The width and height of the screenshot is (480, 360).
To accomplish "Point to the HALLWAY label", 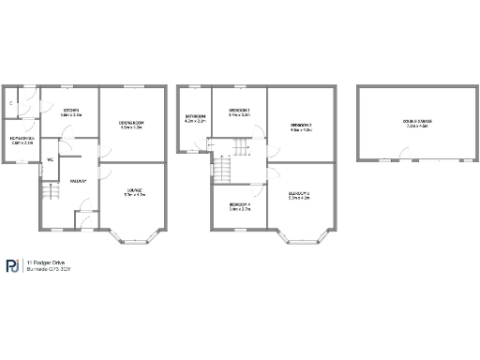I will (78, 181).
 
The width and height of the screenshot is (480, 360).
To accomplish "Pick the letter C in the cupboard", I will (11, 101).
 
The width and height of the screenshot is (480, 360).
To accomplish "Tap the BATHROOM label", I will (195, 119).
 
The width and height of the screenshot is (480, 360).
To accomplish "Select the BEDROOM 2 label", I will (300, 127).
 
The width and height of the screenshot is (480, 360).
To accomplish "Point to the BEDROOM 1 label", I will (300, 196).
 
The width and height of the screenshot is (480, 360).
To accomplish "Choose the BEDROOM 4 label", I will (239, 206).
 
